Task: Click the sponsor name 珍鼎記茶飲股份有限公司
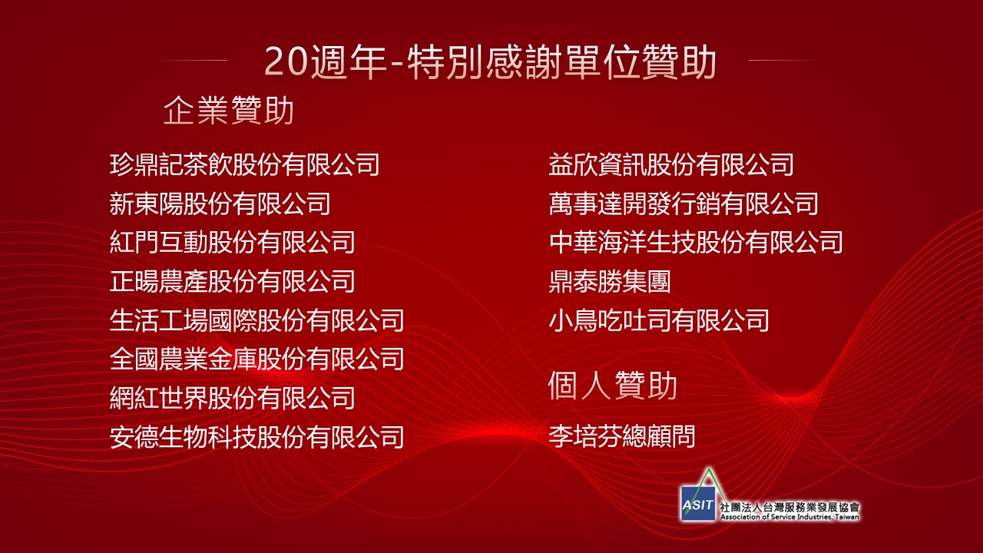(244, 164)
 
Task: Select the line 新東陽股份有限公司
(220, 204)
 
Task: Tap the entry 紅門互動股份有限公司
(232, 242)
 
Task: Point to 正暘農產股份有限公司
(232, 281)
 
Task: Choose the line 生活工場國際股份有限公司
(257, 320)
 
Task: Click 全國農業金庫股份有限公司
(257, 359)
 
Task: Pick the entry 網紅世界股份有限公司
(232, 398)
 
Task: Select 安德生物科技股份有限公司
(257, 437)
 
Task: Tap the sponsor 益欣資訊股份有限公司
(671, 164)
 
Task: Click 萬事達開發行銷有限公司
(683, 204)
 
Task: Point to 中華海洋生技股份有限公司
(696, 242)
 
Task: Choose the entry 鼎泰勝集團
(610, 281)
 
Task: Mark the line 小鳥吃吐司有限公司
(659, 320)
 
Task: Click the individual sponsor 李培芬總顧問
(622, 436)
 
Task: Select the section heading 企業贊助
(228, 110)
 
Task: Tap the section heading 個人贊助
(613, 386)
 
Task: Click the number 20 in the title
(285, 61)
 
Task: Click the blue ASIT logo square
(698, 504)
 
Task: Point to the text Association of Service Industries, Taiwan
(789, 517)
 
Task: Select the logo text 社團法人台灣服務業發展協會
(789, 507)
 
